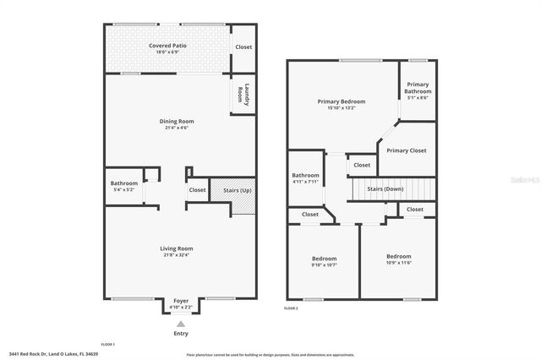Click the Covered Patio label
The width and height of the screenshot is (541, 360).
point(167,45)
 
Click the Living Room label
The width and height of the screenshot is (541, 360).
point(177,248)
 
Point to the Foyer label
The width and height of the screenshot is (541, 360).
point(181,301)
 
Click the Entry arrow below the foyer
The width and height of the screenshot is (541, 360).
point(180,324)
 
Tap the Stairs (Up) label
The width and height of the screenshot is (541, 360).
point(236,190)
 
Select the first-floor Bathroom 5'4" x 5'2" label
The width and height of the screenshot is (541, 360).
point(124,183)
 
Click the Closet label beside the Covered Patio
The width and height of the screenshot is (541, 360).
point(243,47)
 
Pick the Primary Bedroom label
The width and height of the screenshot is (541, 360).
point(341,101)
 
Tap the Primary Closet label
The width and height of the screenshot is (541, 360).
point(407,150)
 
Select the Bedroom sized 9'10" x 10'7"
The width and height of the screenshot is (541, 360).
point(324,259)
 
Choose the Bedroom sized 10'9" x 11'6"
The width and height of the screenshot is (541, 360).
point(399,256)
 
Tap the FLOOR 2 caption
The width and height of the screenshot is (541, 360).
point(292,309)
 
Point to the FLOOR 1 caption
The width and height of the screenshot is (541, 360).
point(107,345)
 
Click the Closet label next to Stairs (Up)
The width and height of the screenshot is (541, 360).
point(197,190)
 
